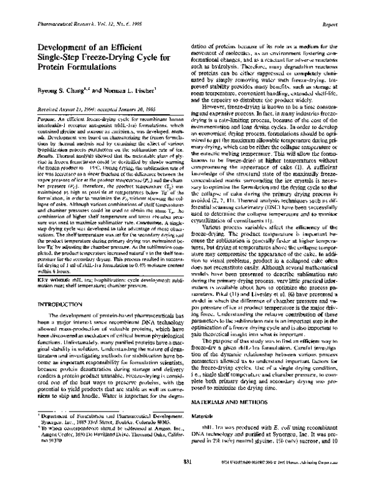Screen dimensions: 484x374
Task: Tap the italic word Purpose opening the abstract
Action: click(x=29, y=118)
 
